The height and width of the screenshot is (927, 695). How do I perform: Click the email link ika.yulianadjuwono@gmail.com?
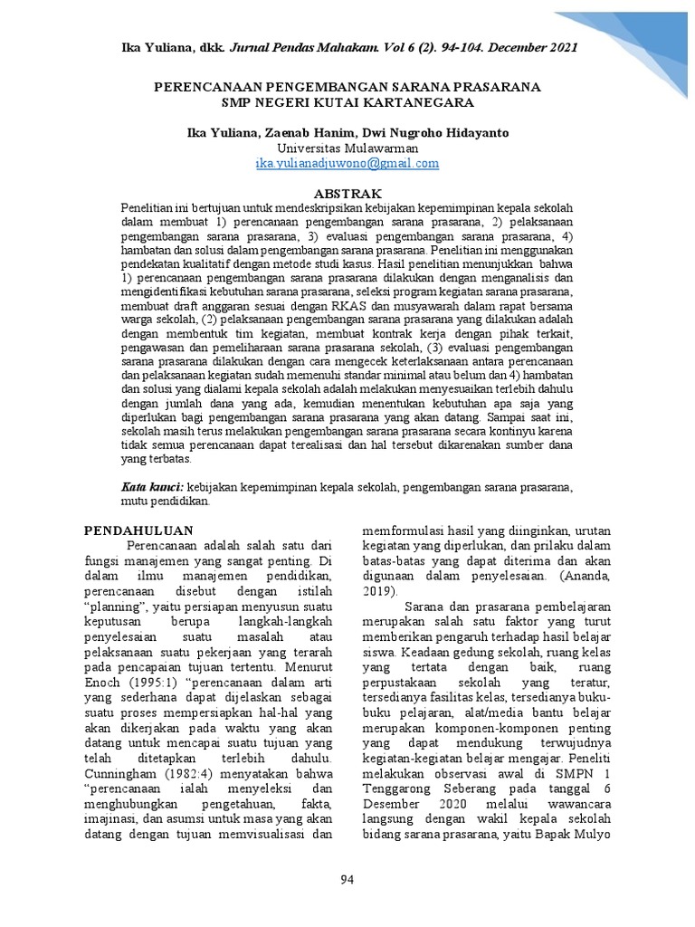[x=347, y=164]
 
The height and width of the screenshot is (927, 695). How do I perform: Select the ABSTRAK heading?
[x=347, y=194]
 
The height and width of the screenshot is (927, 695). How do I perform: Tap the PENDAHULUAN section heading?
[x=138, y=530]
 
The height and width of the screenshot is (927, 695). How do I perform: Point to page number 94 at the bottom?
[x=347, y=880]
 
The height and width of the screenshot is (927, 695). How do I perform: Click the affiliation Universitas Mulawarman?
[x=347, y=148]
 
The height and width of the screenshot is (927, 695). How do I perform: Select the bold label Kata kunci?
[x=152, y=486]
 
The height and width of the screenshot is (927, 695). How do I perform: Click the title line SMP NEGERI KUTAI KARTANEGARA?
[x=347, y=102]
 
